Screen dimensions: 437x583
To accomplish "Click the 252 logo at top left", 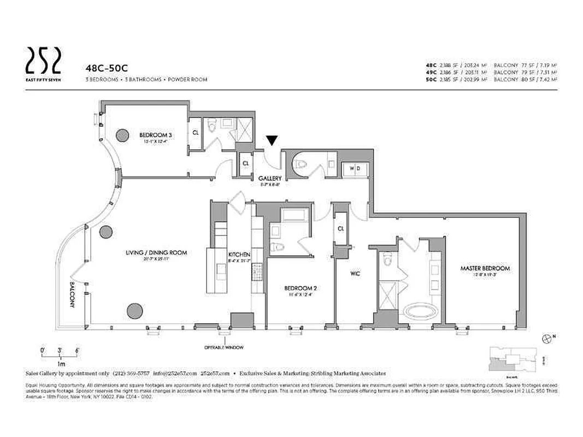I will coord(44,60).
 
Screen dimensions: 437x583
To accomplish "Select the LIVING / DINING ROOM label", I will coord(156,253).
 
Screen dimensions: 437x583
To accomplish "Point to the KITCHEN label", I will coord(239,255).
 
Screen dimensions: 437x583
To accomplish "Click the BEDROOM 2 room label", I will coord(298,288).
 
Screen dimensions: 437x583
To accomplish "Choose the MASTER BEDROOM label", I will coord(485,268).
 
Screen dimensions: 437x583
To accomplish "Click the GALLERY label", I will coord(270,179).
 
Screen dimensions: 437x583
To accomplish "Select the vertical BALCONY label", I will coord(72,296).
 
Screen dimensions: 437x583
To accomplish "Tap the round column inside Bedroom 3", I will coord(122,134).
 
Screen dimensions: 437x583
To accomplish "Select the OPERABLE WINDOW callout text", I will coord(224,347).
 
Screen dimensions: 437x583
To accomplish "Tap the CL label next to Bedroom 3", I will coord(195,132).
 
